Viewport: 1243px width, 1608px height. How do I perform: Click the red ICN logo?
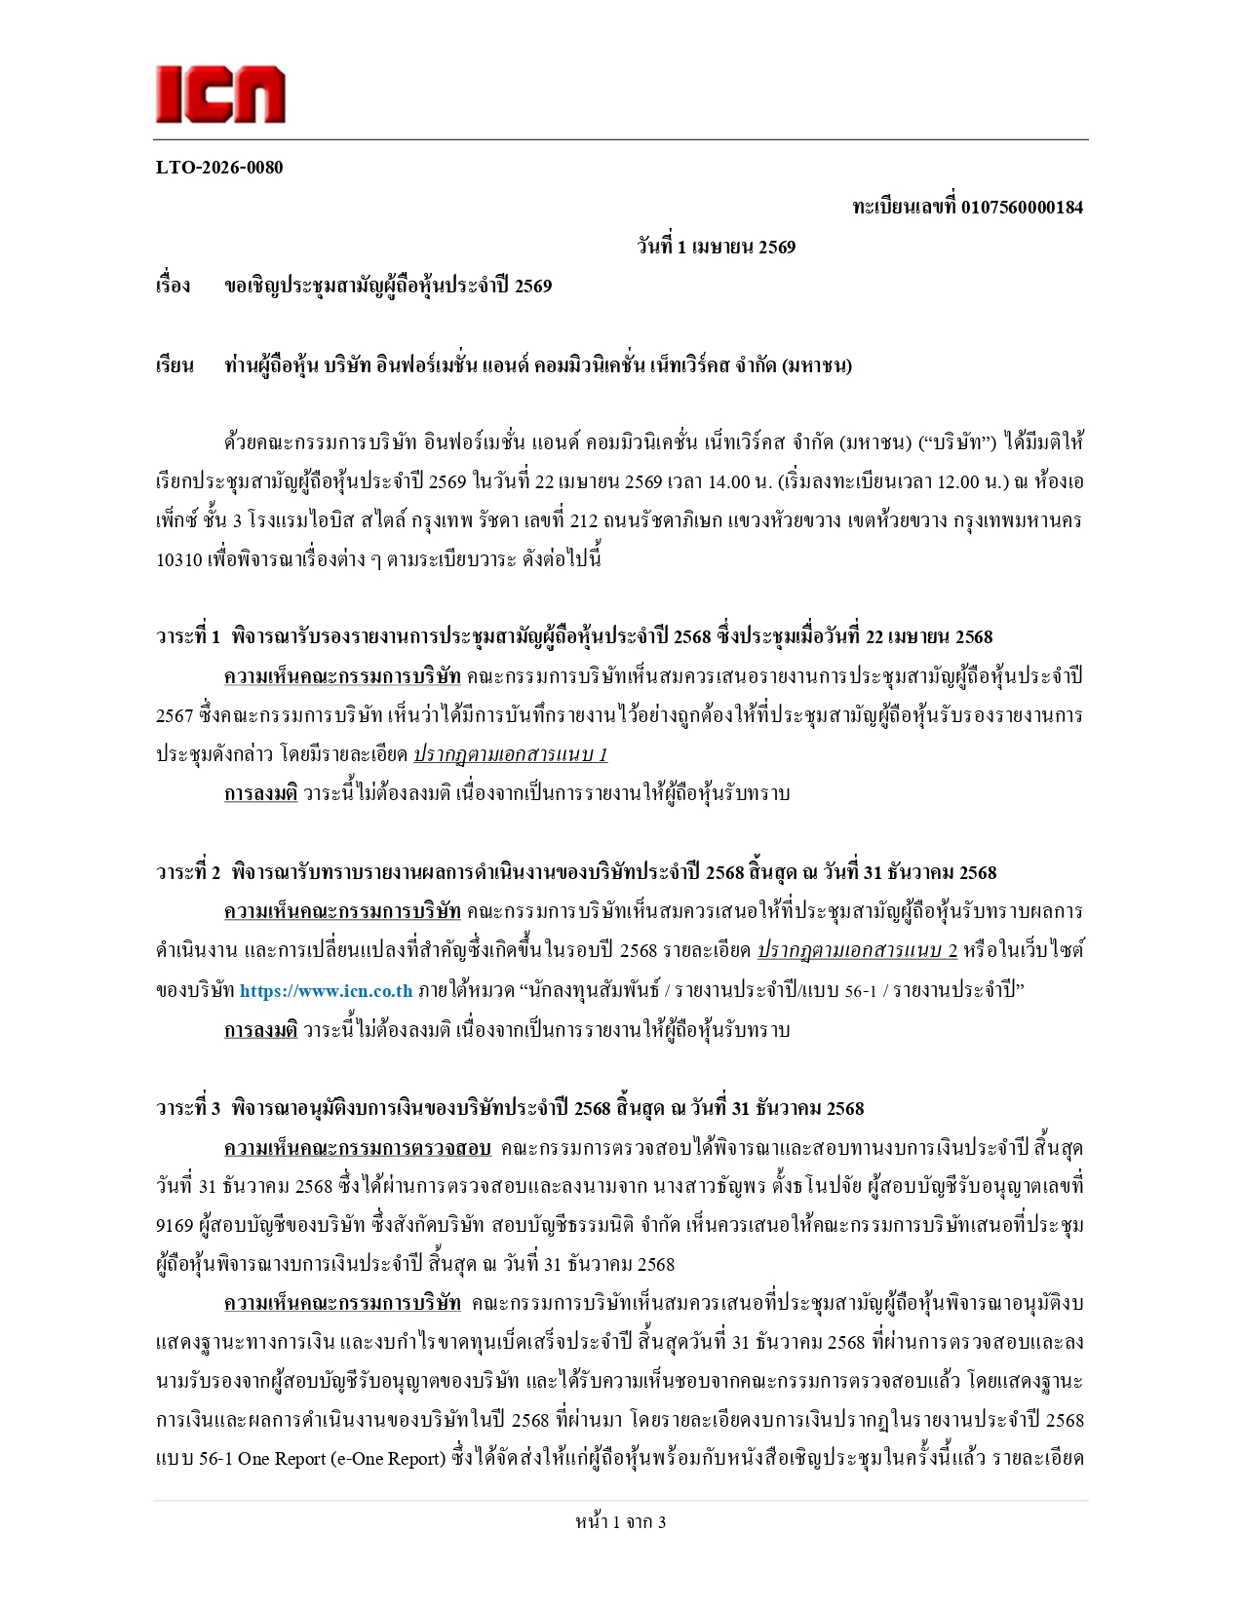(220, 95)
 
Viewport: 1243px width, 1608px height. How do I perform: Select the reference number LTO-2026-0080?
(219, 168)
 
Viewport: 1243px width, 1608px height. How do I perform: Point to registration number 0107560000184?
(1022, 207)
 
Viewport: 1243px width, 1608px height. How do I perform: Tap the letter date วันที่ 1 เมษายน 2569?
(717, 247)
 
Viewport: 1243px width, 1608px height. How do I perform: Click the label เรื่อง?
(173, 287)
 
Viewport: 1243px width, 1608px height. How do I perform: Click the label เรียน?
(175, 366)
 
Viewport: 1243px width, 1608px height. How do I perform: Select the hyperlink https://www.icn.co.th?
(326, 991)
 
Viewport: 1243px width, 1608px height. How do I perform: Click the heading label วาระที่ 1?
(188, 637)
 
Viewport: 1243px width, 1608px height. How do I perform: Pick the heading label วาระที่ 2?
(188, 872)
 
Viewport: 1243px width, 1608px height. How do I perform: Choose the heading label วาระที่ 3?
(188, 1108)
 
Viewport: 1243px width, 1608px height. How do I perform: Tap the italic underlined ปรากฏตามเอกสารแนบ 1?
(510, 754)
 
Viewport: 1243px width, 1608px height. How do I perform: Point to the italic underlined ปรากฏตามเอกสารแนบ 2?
(857, 950)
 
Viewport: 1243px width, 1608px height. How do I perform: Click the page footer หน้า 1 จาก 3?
(621, 1522)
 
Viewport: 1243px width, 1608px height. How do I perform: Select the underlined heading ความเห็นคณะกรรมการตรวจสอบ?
(357, 1148)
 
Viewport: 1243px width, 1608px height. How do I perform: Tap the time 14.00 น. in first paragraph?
(717, 481)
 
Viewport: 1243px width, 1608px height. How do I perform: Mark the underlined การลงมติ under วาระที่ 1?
(260, 793)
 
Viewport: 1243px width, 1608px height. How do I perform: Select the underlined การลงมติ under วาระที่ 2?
(260, 1030)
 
